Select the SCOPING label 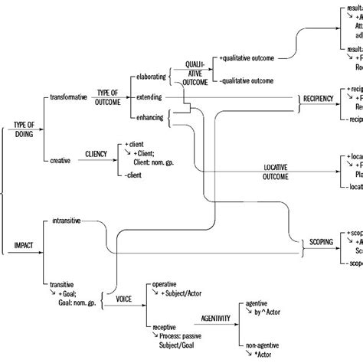coord(322,241)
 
